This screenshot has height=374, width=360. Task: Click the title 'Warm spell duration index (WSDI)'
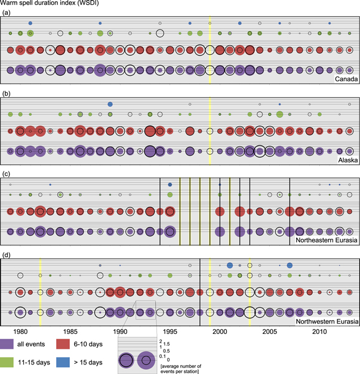coord(53,4)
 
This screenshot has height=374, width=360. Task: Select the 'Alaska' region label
coord(346,160)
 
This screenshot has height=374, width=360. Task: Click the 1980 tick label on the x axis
coord(20,332)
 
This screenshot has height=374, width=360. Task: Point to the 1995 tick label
coord(170,332)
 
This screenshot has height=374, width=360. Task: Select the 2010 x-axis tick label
coord(320,332)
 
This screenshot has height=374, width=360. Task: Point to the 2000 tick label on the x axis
coord(220,332)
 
